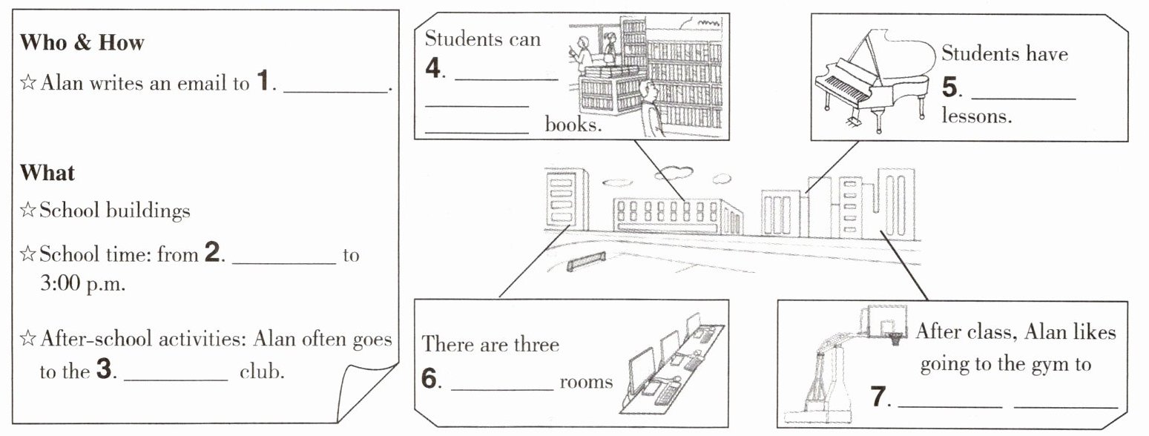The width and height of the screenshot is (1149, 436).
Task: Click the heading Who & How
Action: (x=82, y=42)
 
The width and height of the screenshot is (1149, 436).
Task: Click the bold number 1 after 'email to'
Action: (x=263, y=81)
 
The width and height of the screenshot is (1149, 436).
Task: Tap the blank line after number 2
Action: (x=284, y=263)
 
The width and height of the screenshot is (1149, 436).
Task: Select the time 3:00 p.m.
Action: (x=82, y=284)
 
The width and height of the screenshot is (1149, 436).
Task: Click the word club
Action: (x=262, y=371)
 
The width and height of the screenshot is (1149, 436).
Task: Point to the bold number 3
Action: (x=104, y=369)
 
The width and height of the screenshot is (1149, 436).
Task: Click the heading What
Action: (x=47, y=173)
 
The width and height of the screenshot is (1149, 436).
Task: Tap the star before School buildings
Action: (x=27, y=210)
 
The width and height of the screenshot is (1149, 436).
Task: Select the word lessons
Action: (x=977, y=116)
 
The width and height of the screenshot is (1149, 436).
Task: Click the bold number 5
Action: (x=949, y=87)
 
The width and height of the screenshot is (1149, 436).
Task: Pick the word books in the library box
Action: (x=573, y=124)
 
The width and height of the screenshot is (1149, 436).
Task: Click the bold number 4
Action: (x=433, y=68)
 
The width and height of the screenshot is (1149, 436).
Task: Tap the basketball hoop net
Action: (x=895, y=339)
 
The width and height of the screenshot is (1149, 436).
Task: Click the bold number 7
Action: (x=879, y=397)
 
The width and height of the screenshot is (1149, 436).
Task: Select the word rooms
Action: (x=586, y=383)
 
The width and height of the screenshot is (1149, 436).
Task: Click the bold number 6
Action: (x=429, y=379)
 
